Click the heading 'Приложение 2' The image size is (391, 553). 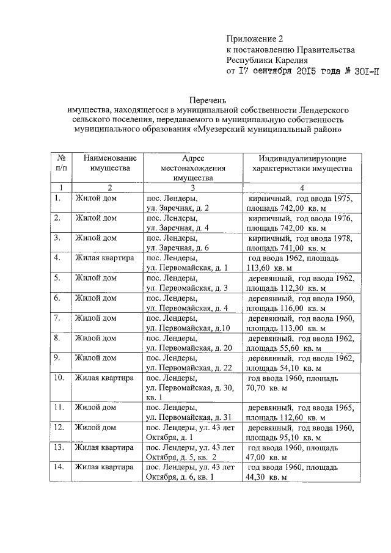coord(255,38)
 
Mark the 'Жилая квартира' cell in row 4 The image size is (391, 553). coord(104,258)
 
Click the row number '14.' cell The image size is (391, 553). coord(61,468)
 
